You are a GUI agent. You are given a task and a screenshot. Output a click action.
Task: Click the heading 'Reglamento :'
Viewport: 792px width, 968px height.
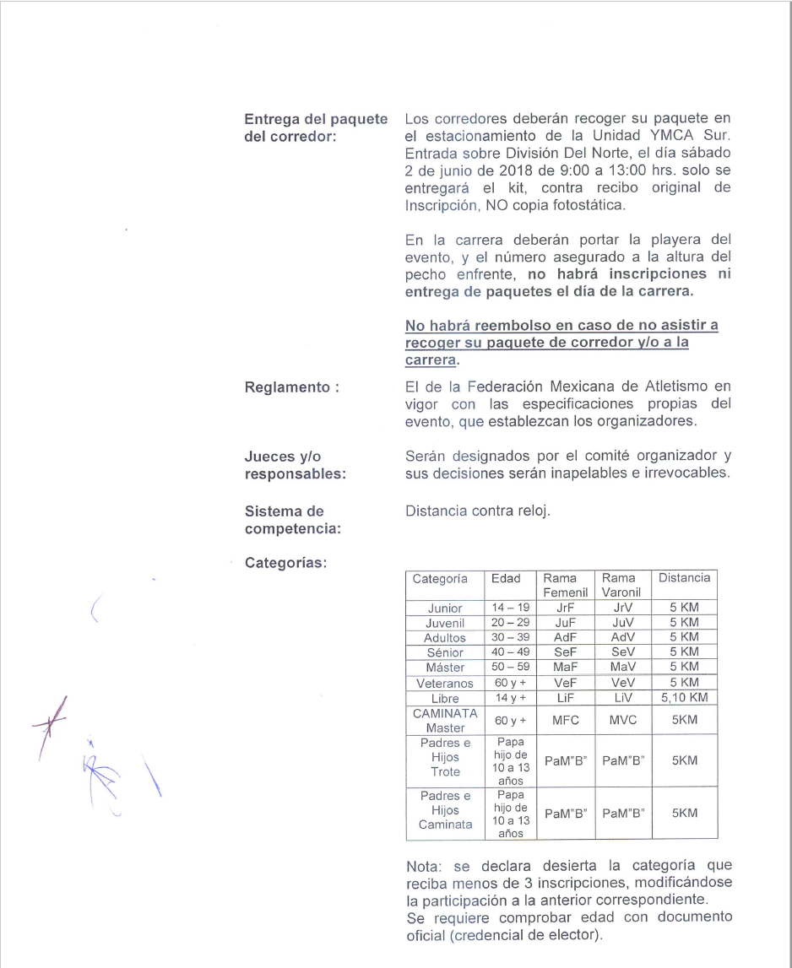291,387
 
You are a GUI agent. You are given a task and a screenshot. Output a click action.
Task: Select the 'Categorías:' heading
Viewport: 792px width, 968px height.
285,563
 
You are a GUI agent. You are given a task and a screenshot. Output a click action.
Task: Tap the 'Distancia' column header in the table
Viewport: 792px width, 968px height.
684,578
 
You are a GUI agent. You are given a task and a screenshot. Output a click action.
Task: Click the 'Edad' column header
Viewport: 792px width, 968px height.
506,578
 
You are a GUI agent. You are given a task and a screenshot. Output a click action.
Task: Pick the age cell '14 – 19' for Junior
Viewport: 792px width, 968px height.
511,608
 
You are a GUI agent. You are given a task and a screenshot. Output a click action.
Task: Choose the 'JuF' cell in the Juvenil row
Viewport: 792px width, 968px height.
566,623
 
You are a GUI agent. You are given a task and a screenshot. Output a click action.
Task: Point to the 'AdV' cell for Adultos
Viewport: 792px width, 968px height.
622,637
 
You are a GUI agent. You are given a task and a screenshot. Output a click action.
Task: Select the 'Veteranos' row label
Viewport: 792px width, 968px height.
445,683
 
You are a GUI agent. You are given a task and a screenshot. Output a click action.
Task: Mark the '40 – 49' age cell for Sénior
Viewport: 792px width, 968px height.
511,652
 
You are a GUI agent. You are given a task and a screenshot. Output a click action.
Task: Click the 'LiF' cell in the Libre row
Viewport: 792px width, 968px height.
566,697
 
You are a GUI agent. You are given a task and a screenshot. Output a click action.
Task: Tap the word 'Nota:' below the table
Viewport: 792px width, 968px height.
426,865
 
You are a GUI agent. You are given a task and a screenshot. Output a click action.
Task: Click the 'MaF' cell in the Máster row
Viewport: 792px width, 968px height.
566,667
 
